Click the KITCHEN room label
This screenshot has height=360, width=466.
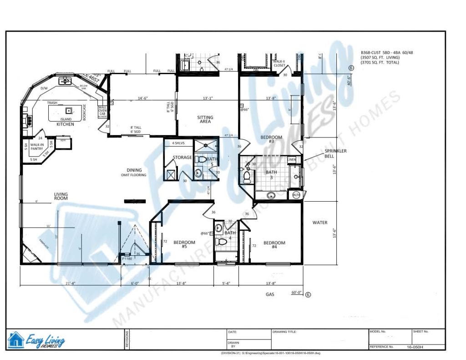click(65, 124)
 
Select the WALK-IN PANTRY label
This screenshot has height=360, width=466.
click(37, 146)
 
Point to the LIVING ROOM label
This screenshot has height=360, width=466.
click(61, 196)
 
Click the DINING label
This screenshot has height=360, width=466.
click(134, 171)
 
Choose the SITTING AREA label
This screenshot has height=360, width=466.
click(205, 120)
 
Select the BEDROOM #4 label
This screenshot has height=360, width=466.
click(274, 245)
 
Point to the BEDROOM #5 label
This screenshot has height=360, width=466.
click(184, 244)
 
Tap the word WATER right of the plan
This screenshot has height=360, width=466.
click(320, 223)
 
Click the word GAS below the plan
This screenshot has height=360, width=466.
click(270, 294)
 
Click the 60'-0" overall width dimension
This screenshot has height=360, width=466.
click(297, 293)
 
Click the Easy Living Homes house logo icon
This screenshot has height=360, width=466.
click(16, 340)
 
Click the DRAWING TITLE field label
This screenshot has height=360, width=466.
click(285, 332)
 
